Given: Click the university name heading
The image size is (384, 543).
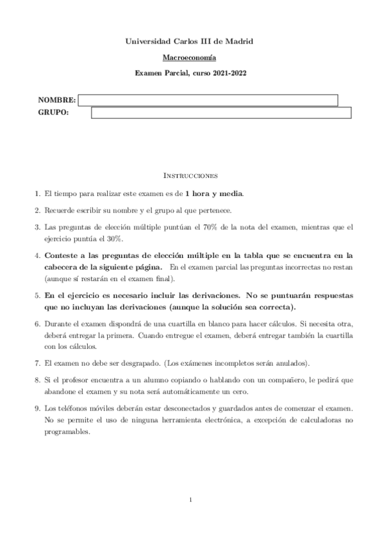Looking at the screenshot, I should pyautogui.click(x=192, y=41).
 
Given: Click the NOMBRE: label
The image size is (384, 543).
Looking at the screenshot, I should pyautogui.click(x=57, y=101).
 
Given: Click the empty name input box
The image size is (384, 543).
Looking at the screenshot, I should pyautogui.click(x=208, y=101).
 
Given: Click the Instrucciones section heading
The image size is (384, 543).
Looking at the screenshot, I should pyautogui.click(x=192, y=174).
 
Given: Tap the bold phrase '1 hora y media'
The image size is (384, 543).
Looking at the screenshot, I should pyautogui.click(x=213, y=193).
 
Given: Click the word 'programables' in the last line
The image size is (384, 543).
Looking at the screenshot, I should pyautogui.click(x=68, y=431).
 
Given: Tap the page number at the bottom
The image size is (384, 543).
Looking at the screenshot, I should pyautogui.click(x=192, y=499).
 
